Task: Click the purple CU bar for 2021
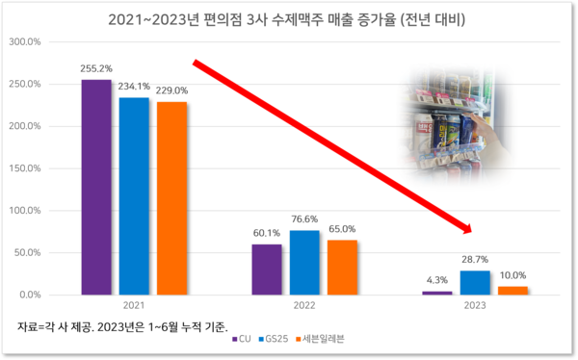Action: pyautogui.click(x=95, y=187)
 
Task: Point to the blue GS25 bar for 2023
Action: pyautogui.click(x=475, y=282)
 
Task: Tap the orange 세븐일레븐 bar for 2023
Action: pyautogui.click(x=512, y=290)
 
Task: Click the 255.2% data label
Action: pyautogui.click(x=96, y=70)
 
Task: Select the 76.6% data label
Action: pyautogui.click(x=304, y=220)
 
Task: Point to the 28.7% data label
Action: pyautogui.click(x=475, y=261)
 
